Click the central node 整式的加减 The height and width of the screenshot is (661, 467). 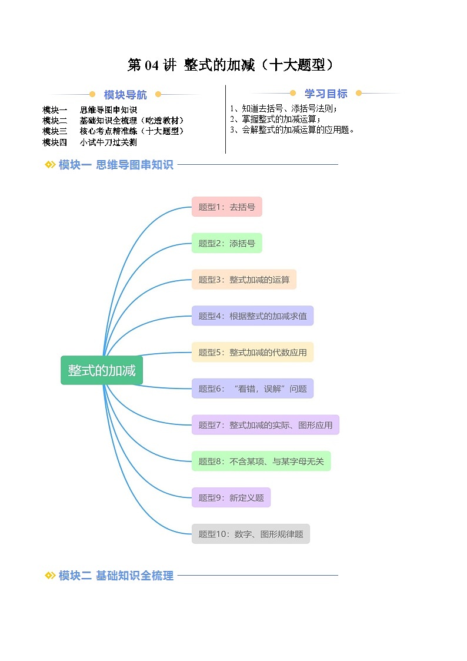pyautogui.click(x=102, y=370)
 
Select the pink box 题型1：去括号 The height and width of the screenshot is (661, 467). pyautogui.click(x=226, y=207)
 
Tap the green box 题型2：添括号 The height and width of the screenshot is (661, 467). pyautogui.click(x=226, y=243)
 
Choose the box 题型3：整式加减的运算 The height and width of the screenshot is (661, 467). pyautogui.click(x=243, y=280)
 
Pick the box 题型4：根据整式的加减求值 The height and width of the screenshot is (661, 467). pyautogui.click(x=252, y=316)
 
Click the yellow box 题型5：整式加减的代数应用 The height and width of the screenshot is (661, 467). pyautogui.click(x=252, y=353)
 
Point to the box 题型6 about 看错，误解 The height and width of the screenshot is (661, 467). pyautogui.click(x=252, y=388)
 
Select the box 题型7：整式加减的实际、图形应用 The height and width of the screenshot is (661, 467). pyautogui.click(x=265, y=425)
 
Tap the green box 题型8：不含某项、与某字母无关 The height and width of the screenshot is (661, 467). pyautogui.click(x=261, y=461)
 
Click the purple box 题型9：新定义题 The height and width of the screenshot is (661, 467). pyautogui.click(x=231, y=498)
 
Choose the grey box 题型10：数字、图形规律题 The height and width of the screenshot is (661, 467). pyautogui.click(x=251, y=534)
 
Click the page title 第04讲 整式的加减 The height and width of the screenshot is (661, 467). pyautogui.click(x=231, y=65)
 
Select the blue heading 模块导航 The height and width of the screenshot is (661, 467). pyautogui.click(x=125, y=95)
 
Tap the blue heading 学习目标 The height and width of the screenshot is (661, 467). pyautogui.click(x=326, y=94)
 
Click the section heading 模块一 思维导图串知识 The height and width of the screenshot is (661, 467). pyautogui.click(x=116, y=165)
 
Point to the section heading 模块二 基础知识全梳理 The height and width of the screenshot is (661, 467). pyautogui.click(x=116, y=576)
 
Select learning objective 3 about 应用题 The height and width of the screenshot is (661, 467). pyautogui.click(x=292, y=130)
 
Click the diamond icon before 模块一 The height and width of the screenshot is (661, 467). pyautogui.click(x=50, y=165)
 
